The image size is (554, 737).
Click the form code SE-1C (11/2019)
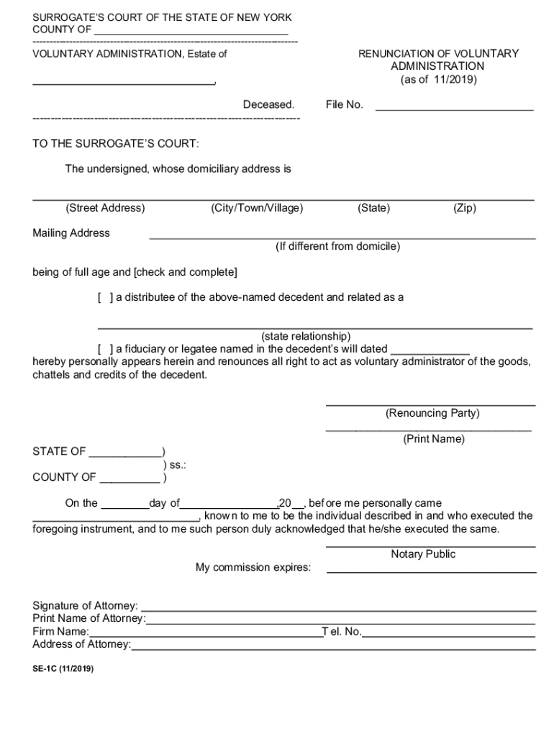point(63,669)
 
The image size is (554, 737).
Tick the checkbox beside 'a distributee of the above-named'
point(105,297)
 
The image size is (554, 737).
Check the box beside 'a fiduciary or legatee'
point(105,349)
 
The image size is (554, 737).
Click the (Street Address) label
point(105,208)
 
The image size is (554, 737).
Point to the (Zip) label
point(464,208)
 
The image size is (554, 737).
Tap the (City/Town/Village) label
point(257,208)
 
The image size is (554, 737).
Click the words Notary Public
point(423,553)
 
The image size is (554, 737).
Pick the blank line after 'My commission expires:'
point(431,570)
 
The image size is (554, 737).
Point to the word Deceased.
point(268,104)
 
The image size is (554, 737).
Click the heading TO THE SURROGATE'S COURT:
point(115,144)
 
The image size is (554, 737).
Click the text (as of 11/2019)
point(438,80)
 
